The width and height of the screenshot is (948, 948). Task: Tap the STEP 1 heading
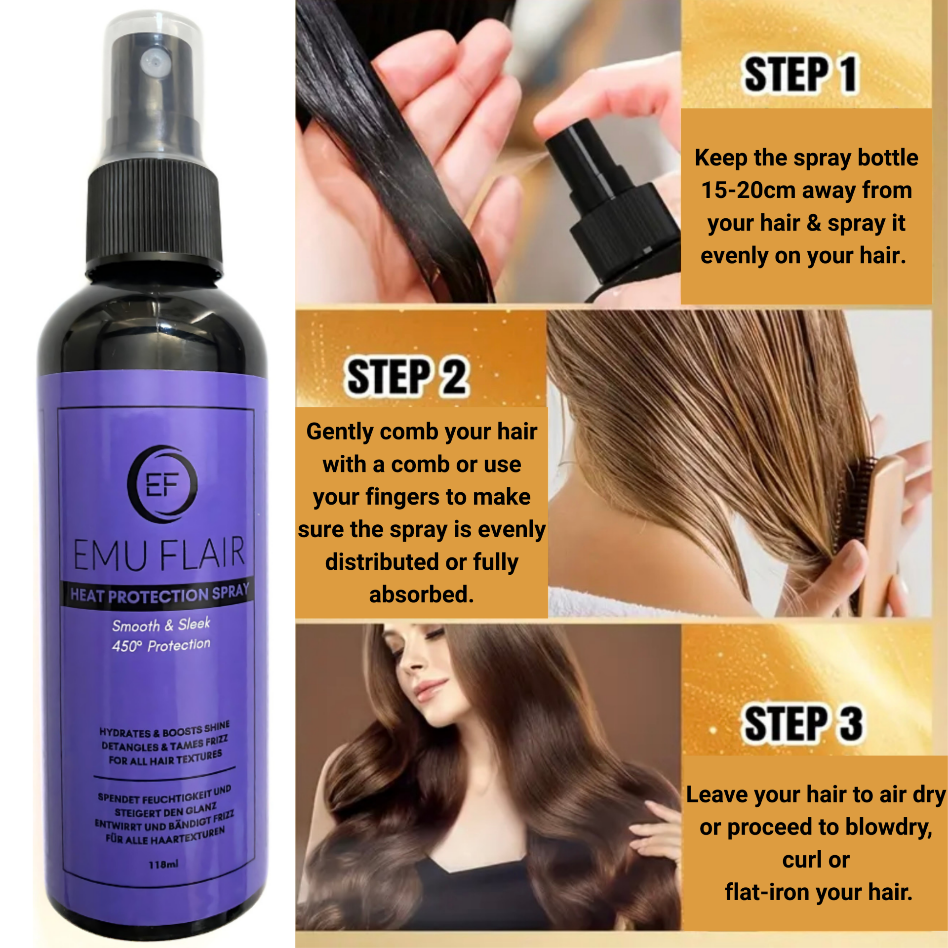pos(800,74)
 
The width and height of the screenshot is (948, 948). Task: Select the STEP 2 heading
pos(406,377)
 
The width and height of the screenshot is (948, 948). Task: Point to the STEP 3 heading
pos(803,723)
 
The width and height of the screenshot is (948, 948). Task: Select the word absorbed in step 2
pos(421,594)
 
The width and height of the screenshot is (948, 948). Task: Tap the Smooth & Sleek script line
pos(161,625)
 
